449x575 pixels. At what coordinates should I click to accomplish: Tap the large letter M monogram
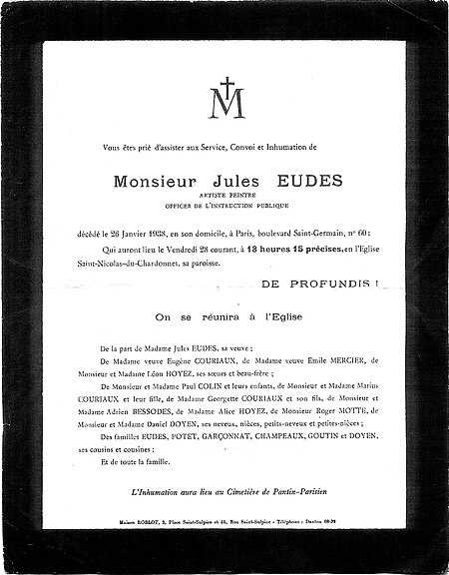pos(225,104)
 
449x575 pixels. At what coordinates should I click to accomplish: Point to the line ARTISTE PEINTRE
pos(224,198)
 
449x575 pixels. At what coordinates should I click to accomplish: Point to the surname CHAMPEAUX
pos(255,451)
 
